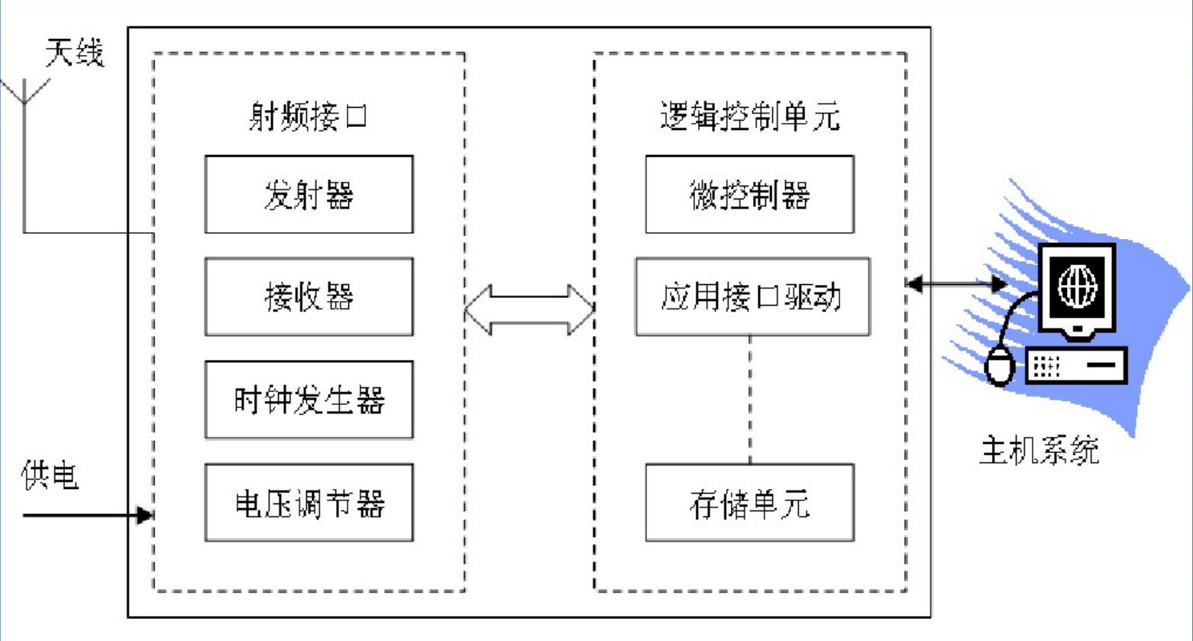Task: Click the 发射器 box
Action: click(309, 195)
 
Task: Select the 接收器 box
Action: click(309, 296)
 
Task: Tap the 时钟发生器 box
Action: click(309, 400)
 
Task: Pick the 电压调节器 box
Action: click(309, 503)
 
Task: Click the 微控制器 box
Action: click(749, 195)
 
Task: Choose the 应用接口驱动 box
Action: click(752, 296)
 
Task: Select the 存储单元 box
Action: click(749, 503)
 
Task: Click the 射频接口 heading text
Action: click(309, 118)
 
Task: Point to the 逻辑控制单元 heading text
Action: click(749, 118)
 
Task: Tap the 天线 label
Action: click(74, 54)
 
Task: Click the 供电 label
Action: click(50, 477)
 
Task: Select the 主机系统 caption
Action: click(1039, 451)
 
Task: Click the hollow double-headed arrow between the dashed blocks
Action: click(529, 309)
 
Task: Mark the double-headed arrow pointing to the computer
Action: click(955, 284)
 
